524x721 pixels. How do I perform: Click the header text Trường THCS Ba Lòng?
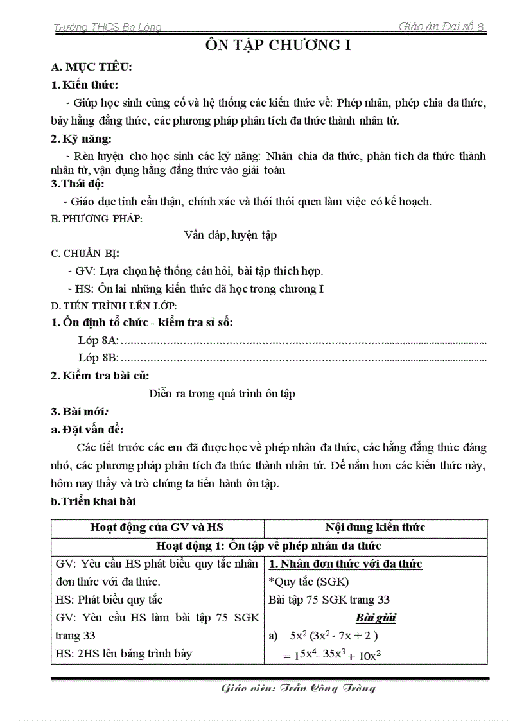(x=107, y=27)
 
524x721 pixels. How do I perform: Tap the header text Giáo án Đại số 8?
(x=441, y=26)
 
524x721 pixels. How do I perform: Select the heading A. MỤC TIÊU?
(x=91, y=67)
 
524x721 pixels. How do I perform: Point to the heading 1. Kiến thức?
(x=85, y=85)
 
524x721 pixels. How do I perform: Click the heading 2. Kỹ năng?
(x=82, y=139)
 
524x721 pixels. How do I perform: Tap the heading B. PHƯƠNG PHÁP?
(x=97, y=218)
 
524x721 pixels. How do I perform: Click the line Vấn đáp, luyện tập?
(x=230, y=235)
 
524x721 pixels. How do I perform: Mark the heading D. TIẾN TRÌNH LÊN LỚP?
(x=114, y=306)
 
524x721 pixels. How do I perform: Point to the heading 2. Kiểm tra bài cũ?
(x=100, y=376)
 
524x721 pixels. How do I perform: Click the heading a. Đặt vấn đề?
(x=87, y=430)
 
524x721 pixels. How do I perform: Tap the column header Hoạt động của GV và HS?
(x=157, y=527)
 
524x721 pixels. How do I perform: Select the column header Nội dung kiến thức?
(x=375, y=527)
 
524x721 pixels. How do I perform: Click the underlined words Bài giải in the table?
(x=375, y=618)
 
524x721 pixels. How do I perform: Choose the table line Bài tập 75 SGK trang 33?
(x=329, y=600)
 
